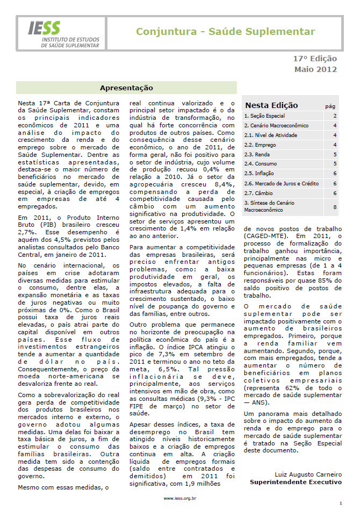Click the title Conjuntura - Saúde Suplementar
[225, 32]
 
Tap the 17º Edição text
[315, 59]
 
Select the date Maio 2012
[315, 69]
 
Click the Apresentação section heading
[126, 88]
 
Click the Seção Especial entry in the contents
[265, 116]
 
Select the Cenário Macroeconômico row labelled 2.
[273, 126]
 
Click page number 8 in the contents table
[335, 206]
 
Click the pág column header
[330, 106]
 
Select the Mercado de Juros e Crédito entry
[280, 183]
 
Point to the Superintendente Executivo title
[296, 482]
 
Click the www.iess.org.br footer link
[179, 498]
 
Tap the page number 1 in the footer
[340, 503]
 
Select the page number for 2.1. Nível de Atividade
[335, 135]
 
